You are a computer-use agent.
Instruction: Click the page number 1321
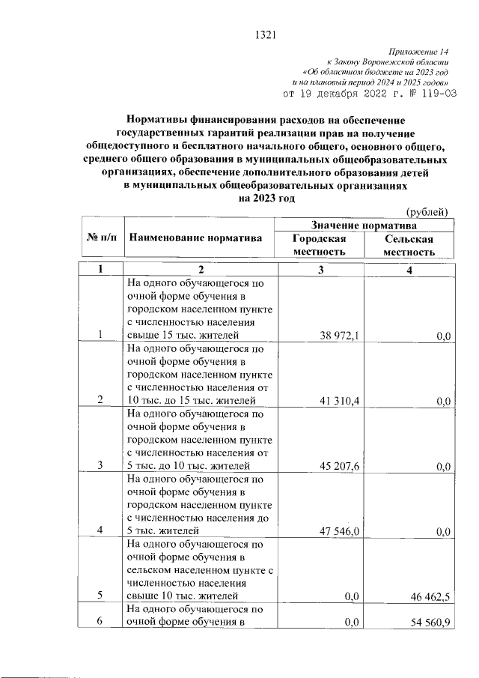(x=266, y=34)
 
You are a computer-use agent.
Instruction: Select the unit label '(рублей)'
(x=427, y=212)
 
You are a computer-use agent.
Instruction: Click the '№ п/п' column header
(x=101, y=237)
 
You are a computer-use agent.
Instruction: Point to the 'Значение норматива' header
(x=364, y=226)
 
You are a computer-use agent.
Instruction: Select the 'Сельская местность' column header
(x=409, y=245)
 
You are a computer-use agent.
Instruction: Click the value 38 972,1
(x=340, y=336)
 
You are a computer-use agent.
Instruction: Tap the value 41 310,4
(x=340, y=401)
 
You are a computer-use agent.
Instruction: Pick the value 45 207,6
(x=340, y=466)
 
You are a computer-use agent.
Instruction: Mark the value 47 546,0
(x=340, y=531)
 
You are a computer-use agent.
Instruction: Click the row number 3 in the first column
(x=100, y=466)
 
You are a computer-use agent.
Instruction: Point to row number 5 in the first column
(x=100, y=596)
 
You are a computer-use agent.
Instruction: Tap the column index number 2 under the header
(x=201, y=270)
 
